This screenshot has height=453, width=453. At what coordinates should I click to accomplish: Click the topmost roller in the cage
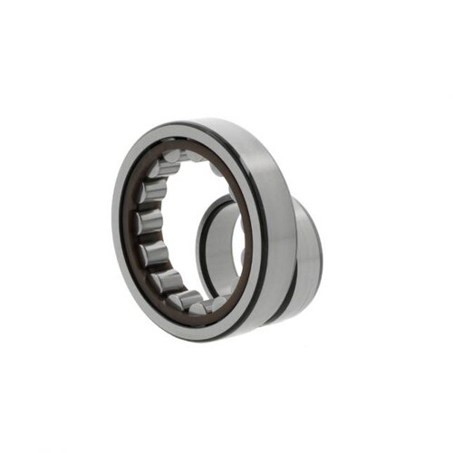tap(172, 164)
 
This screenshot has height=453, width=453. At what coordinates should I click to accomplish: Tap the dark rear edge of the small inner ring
tap(321, 245)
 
